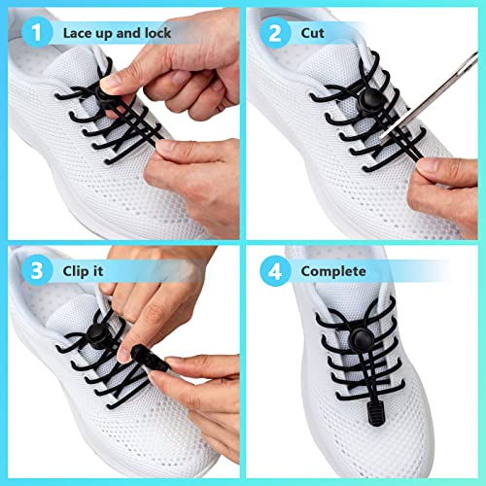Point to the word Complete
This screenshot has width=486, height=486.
[x=333, y=271]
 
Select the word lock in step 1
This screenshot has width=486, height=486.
[x=151, y=33]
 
